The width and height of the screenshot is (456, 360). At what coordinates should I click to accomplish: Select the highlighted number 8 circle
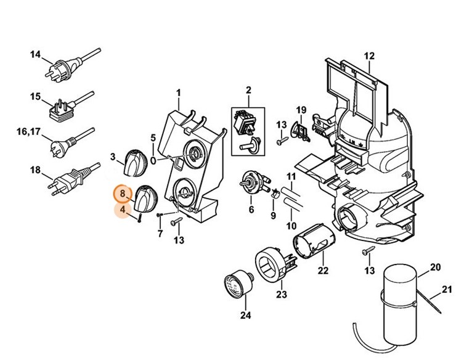click(x=123, y=194)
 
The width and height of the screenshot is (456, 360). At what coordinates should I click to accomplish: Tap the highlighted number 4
click(x=123, y=210)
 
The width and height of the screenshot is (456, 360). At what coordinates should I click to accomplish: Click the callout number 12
click(x=368, y=57)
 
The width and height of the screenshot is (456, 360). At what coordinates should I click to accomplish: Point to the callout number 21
click(x=444, y=290)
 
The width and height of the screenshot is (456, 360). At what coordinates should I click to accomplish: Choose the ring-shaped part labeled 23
click(x=272, y=265)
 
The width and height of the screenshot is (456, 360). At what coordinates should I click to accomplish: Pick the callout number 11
click(x=291, y=177)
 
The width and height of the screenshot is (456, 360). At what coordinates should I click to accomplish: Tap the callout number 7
click(x=160, y=234)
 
